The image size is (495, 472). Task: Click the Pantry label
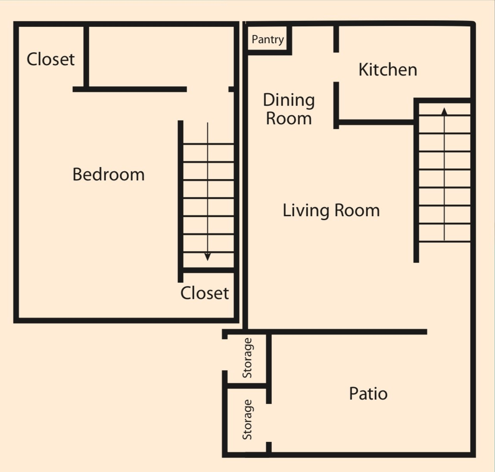(268, 40)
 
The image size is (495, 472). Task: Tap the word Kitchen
(388, 70)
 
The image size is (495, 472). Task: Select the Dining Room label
(289, 109)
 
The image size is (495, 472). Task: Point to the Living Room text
(331, 211)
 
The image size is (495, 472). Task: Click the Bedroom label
(108, 175)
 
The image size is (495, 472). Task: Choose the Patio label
(368, 393)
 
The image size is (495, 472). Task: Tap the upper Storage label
(247, 358)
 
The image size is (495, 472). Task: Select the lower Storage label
(247, 419)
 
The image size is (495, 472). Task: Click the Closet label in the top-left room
(50, 60)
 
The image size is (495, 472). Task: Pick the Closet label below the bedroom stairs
(204, 293)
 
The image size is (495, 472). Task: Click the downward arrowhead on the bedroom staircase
(208, 257)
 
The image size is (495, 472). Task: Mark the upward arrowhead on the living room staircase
(444, 111)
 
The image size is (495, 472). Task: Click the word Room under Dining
(289, 119)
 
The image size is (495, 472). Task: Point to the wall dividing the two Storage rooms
(246, 385)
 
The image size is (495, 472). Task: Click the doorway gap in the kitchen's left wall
(336, 67)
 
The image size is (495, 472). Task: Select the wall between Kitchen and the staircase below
(375, 123)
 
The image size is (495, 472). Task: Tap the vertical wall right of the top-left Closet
(86, 56)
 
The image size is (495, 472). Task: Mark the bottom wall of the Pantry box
(268, 53)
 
